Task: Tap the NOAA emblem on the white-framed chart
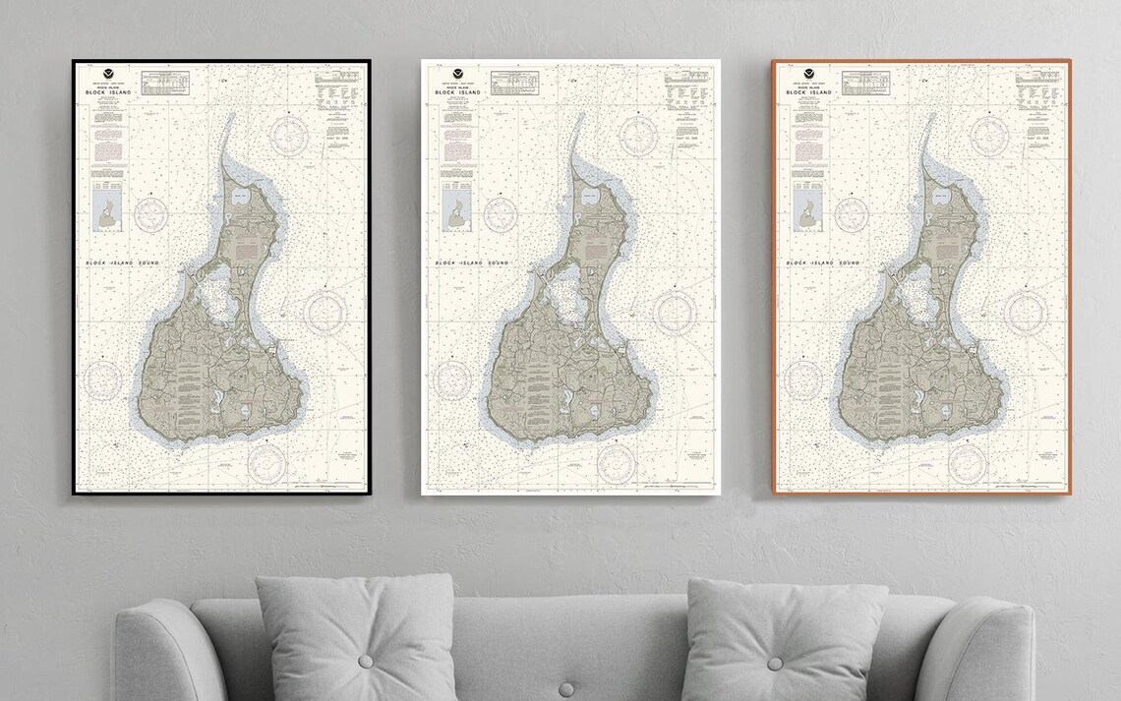(457, 74)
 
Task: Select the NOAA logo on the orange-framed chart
(808, 74)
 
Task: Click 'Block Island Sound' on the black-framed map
(123, 263)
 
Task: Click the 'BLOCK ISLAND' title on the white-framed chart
(458, 93)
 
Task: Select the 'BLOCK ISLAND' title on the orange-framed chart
(809, 93)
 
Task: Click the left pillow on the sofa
(354, 639)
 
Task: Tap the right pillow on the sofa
(782, 639)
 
